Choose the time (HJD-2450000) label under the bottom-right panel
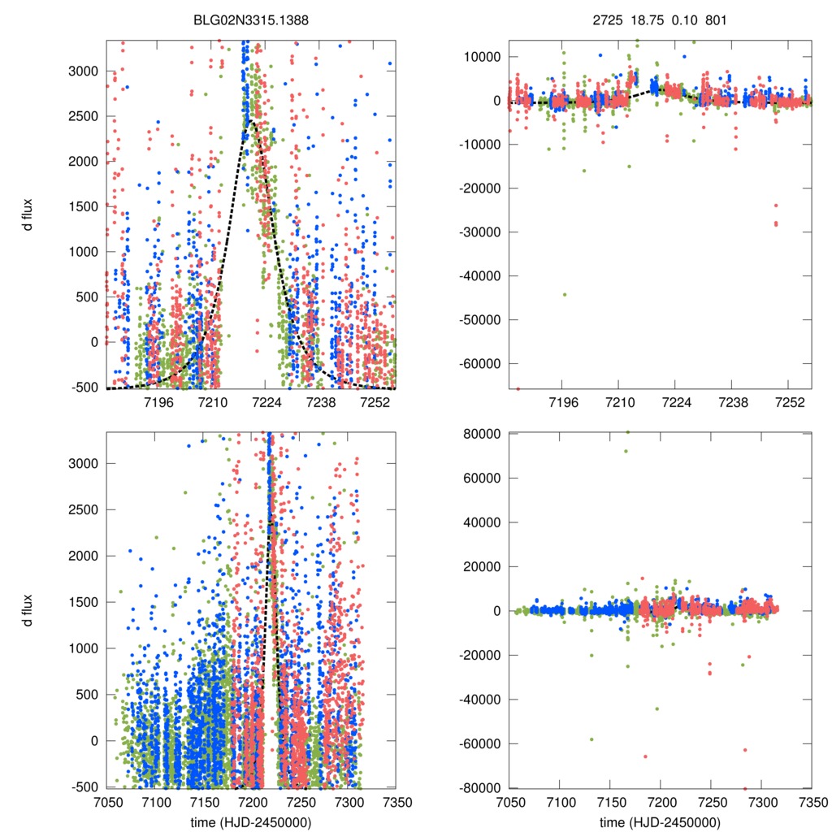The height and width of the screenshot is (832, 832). click(660, 822)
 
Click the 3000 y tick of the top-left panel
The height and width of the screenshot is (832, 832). click(81, 71)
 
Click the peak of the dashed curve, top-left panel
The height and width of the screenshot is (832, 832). click(252, 121)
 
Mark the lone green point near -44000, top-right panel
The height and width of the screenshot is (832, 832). click(565, 294)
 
